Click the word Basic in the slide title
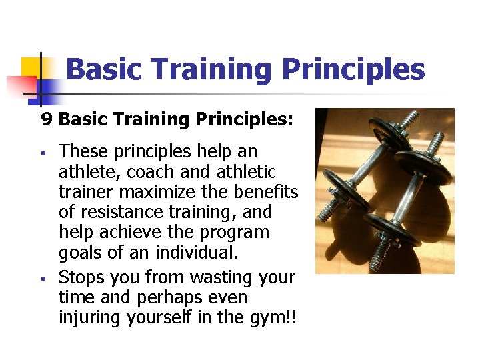pos(103,69)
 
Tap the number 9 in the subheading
pos(46,119)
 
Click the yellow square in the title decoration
pos(31,67)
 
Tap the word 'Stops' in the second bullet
pos(80,277)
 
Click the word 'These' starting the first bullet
pos(81,151)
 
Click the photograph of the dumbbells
pos(385,191)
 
